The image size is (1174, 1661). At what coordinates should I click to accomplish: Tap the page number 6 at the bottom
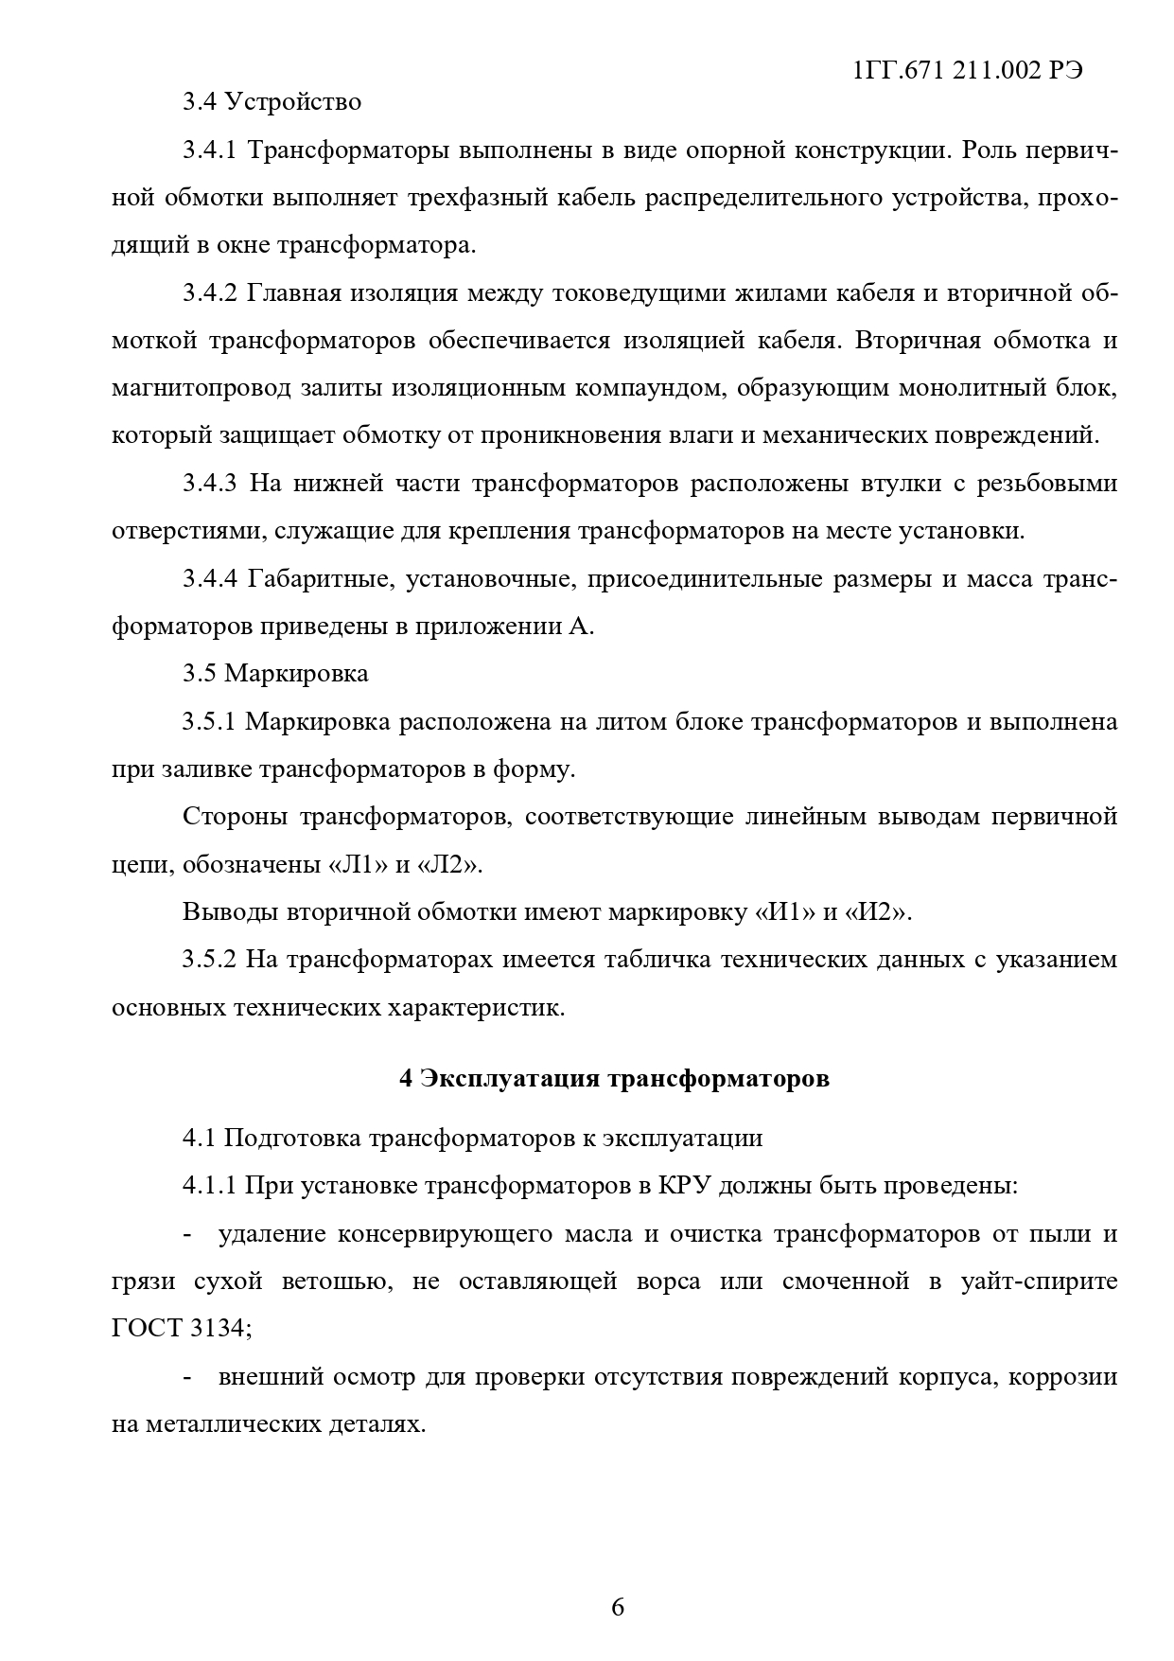[x=618, y=1607]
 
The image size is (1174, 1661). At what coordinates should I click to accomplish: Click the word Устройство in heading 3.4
[x=293, y=101]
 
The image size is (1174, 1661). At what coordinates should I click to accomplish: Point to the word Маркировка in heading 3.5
[x=296, y=673]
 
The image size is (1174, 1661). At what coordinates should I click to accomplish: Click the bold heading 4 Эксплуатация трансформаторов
[x=614, y=1078]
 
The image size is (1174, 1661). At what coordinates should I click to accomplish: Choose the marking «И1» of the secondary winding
[x=785, y=912]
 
